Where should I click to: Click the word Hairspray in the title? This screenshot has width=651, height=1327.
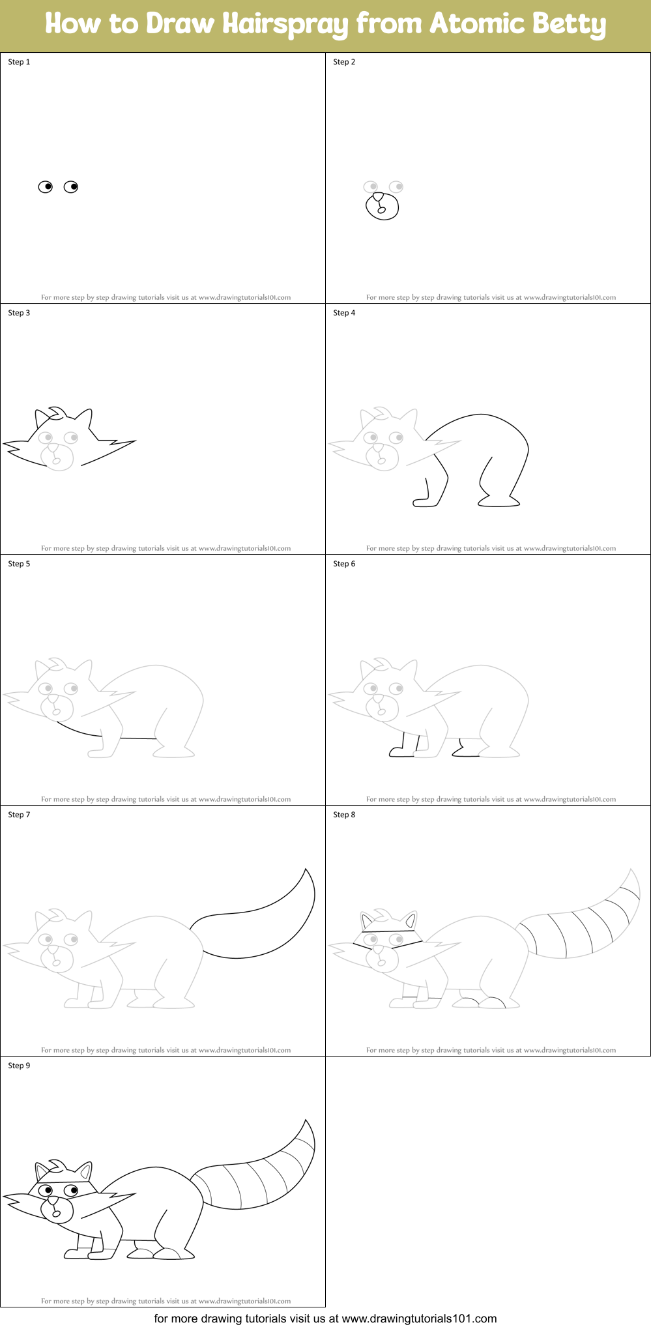point(285,25)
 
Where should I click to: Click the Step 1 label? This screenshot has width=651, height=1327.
point(19,62)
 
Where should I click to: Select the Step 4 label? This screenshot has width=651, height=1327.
point(344,313)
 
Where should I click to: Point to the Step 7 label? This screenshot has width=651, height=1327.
point(19,815)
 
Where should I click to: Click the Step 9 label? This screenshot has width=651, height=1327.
point(19,1066)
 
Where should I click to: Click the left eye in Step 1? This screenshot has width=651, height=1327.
point(46,187)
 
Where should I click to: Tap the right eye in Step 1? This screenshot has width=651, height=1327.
point(71,187)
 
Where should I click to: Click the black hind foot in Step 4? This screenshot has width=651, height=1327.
point(499,502)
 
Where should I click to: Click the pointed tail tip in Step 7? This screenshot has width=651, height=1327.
point(306,871)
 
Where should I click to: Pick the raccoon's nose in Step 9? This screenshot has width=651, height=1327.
point(52,1199)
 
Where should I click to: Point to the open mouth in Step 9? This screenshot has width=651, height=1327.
point(56,1213)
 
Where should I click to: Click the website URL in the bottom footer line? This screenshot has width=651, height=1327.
point(419,1319)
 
